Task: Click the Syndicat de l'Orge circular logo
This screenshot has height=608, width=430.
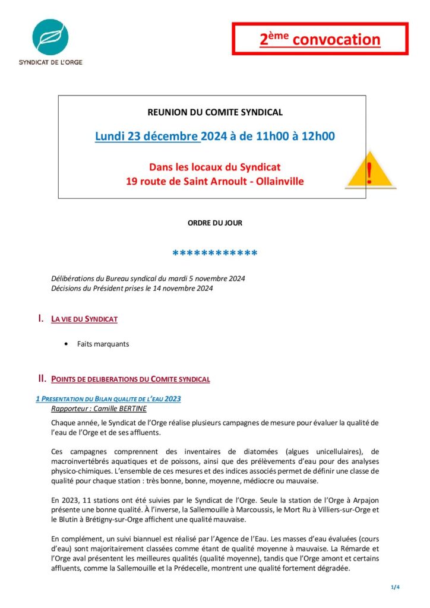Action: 50,36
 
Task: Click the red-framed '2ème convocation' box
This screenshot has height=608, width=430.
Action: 320,39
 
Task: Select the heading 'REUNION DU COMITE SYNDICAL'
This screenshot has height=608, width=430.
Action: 215,112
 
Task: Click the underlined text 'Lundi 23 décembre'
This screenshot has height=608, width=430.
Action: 147,136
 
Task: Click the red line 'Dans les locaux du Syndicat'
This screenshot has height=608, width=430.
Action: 215,167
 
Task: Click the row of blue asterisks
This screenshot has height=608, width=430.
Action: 215,255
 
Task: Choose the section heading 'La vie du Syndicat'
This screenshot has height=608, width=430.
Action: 84,319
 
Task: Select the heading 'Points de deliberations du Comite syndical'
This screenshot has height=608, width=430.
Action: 131,379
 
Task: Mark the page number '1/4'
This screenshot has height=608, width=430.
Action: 396,587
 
